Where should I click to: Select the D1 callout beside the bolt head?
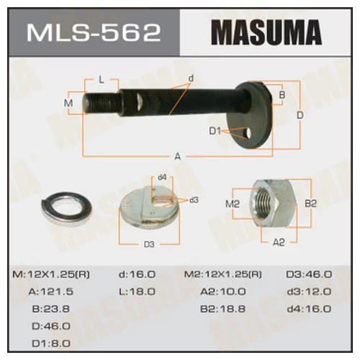(214, 131)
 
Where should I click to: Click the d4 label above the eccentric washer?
(162, 177)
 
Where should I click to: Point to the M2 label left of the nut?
(231, 204)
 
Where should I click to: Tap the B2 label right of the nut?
(310, 204)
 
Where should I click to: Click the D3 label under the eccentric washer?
(148, 244)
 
